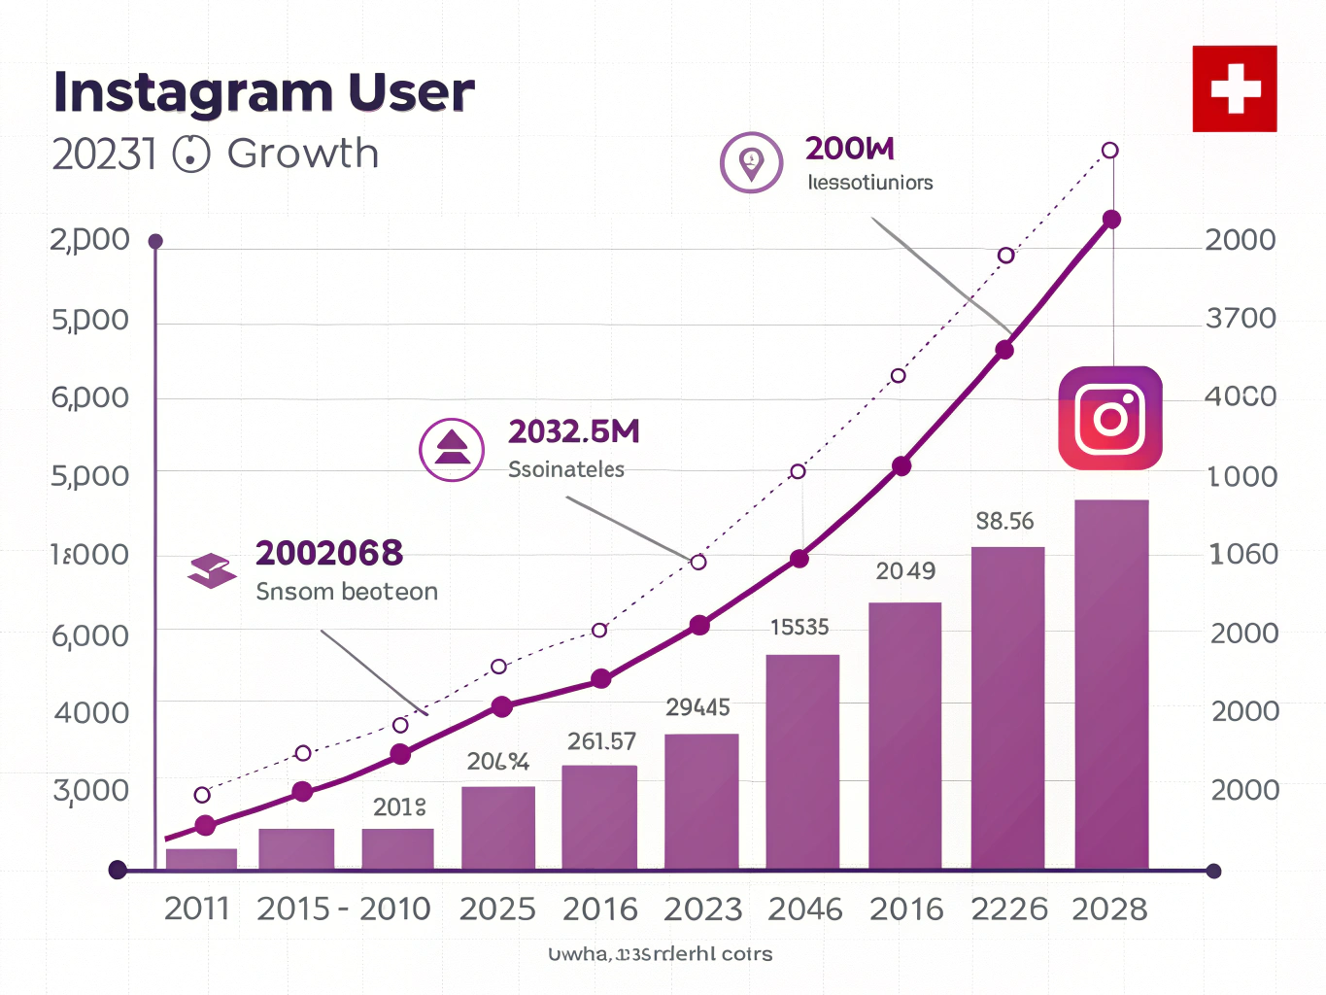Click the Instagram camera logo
coord(1110,418)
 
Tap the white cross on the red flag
coord(1235,88)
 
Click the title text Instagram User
coord(263,92)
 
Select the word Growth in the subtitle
coord(303,154)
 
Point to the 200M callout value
coord(849,149)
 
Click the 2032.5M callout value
coord(573,431)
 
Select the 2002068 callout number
coord(328,553)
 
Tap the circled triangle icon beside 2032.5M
coord(452,450)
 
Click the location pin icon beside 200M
coord(751,162)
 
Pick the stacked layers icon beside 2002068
coord(212,570)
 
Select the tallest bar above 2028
coord(1111,684)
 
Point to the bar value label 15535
coord(799,627)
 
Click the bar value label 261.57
coord(601,741)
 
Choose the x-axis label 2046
coord(805,909)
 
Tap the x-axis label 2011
coord(197,909)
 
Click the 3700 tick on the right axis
coord(1241,318)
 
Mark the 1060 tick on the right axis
coord(1242,554)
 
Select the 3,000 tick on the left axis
coord(91,790)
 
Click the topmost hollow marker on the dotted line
coord(1110,151)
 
